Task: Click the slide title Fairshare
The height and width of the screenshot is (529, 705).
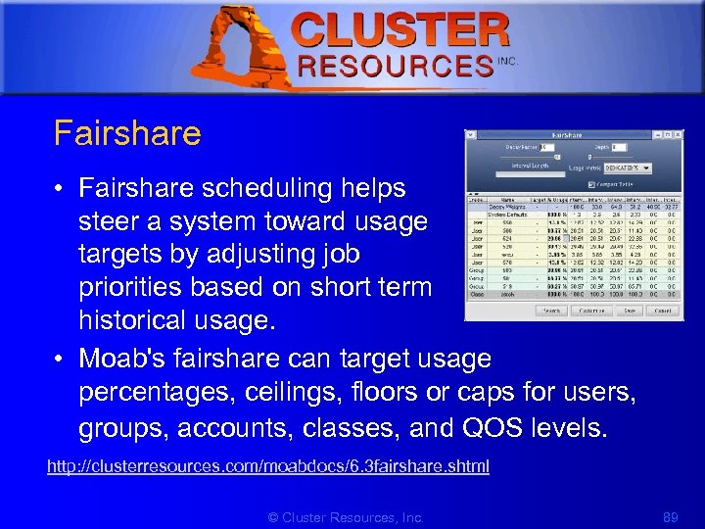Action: pyautogui.click(x=127, y=133)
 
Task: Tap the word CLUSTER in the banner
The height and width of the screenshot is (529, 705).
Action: pyautogui.click(x=401, y=30)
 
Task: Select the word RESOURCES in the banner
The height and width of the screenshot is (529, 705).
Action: pyautogui.click(x=396, y=66)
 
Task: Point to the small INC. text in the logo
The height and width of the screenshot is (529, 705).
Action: pyautogui.click(x=507, y=61)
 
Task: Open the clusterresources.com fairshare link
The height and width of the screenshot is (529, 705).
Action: pyautogui.click(x=267, y=466)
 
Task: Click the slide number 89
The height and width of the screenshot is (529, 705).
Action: pyautogui.click(x=670, y=516)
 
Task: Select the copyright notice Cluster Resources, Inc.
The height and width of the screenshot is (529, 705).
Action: pyautogui.click(x=346, y=516)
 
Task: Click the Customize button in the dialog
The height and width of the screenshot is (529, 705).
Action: pyautogui.click(x=591, y=311)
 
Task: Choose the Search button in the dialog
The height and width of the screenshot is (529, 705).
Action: pyautogui.click(x=551, y=311)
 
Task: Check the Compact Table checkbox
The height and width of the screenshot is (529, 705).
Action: pyautogui.click(x=591, y=184)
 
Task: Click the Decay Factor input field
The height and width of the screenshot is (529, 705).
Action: pyautogui.click(x=545, y=147)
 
